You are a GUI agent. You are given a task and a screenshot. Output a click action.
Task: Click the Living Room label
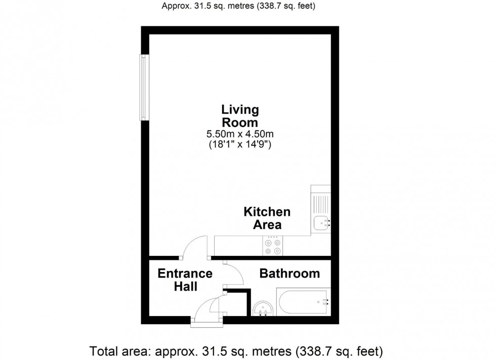(239, 116)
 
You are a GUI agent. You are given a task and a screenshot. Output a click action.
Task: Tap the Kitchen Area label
(267, 218)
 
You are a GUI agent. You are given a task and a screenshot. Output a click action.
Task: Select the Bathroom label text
(290, 274)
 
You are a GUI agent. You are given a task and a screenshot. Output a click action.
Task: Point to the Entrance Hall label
(185, 280)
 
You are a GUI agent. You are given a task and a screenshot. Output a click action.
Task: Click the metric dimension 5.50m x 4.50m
(239, 134)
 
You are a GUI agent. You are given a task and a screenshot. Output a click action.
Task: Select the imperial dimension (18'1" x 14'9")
(239, 144)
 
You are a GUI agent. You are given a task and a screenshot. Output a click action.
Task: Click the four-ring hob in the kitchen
(273, 246)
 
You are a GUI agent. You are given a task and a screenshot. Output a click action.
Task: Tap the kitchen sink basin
(320, 222)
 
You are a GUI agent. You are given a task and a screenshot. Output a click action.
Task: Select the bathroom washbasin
(263, 308)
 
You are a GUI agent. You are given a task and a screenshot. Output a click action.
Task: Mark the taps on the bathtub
(324, 302)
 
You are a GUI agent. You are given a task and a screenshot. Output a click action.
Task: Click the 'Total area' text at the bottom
(236, 350)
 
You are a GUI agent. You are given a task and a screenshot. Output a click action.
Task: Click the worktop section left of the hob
(237, 246)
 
